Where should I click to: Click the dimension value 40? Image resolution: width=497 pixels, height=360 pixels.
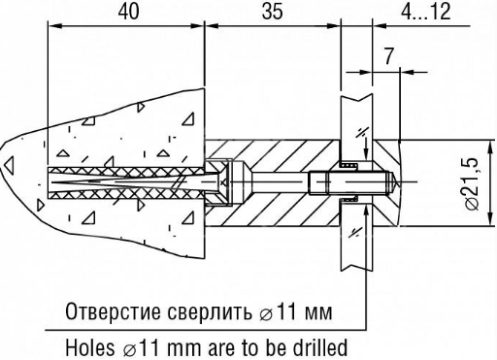pos(128,12)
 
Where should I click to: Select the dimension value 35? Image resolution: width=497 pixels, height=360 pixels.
pos(272,12)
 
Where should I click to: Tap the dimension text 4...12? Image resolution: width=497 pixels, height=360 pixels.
pos(426,12)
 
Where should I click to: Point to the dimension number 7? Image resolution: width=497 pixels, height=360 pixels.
pos(388,56)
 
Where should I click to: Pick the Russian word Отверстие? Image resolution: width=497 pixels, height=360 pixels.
pos(114,311)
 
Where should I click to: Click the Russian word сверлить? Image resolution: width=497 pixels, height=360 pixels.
pos(210,311)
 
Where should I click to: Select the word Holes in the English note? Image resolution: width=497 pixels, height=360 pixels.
pos(90,347)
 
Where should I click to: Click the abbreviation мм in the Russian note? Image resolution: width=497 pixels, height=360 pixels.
pos(319,313)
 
